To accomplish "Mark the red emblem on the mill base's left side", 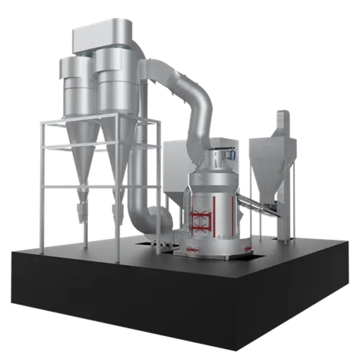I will pyautogui.click(x=192, y=248).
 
